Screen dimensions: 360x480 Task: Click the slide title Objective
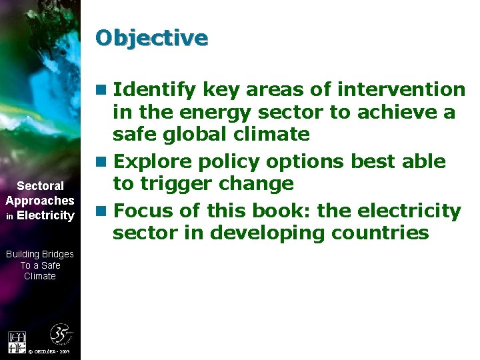click(151, 37)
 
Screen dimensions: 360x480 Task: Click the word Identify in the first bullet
click(154, 89)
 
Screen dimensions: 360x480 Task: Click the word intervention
click(401, 89)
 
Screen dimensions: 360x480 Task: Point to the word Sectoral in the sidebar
click(40, 186)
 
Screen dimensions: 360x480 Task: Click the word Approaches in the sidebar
click(40, 201)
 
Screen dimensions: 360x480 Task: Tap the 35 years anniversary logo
click(61, 334)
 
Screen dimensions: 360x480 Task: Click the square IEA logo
click(17, 342)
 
